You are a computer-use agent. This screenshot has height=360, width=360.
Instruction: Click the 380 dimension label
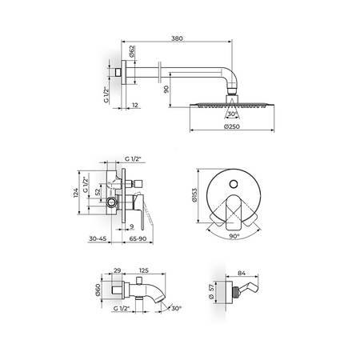tap(177, 38)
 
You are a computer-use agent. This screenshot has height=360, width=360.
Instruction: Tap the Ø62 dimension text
tap(132, 51)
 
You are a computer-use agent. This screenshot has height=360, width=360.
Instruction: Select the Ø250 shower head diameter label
tap(232, 126)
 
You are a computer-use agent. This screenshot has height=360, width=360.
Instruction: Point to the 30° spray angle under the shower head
tap(233, 114)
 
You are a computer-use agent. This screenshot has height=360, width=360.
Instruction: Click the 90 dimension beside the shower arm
tap(166, 90)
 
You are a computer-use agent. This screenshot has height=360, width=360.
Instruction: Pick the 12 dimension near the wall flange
tap(135, 105)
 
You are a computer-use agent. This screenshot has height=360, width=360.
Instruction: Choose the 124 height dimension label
tap(76, 193)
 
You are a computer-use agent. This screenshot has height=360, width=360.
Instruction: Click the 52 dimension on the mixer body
tap(98, 192)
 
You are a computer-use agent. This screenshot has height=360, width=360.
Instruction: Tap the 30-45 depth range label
tap(98, 238)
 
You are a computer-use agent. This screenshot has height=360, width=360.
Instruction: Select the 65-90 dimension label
tap(138, 238)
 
